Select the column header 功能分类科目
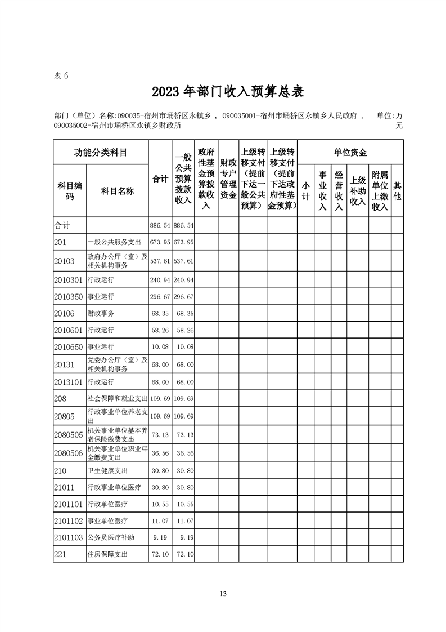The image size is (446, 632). click(101, 152)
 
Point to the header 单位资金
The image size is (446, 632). click(350, 152)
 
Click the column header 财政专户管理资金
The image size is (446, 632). click(228, 179)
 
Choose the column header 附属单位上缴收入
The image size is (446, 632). click(380, 190)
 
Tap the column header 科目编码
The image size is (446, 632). click(70, 191)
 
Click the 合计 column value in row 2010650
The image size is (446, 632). click(160, 346)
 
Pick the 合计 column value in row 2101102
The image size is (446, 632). click(160, 520)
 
